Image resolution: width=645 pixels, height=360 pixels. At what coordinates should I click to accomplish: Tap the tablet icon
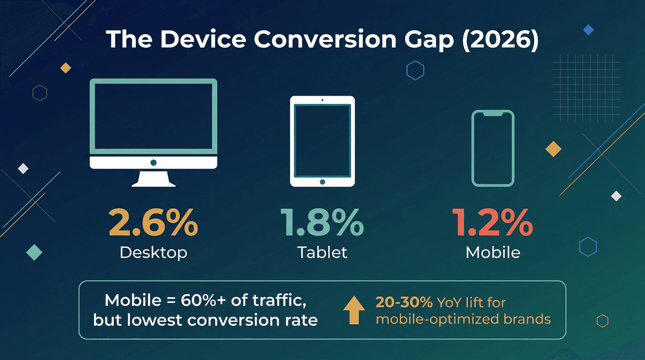pyautogui.click(x=322, y=141)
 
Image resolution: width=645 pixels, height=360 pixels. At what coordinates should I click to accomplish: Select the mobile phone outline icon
pyautogui.click(x=493, y=148)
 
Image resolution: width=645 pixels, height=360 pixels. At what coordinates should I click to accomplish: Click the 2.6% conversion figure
pyautogui.click(x=153, y=222)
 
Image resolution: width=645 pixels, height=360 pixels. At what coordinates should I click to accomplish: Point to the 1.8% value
pyautogui.click(x=322, y=222)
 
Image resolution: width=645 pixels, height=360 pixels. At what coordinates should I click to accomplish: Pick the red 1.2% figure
pyautogui.click(x=493, y=222)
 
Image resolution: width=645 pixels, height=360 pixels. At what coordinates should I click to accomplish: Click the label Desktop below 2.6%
pyautogui.click(x=153, y=253)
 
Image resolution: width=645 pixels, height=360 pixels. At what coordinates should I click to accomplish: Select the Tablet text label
pyautogui.click(x=322, y=253)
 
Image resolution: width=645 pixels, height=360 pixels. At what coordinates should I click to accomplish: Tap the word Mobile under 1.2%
pyautogui.click(x=493, y=253)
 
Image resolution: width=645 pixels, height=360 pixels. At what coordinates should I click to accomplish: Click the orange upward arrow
pyautogui.click(x=354, y=310)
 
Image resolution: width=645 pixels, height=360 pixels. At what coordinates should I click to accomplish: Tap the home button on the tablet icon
pyautogui.click(x=322, y=182)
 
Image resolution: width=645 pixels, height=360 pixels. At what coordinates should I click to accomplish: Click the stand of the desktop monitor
pyautogui.click(x=153, y=179)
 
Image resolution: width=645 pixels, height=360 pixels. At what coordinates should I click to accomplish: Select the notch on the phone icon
pyautogui.click(x=493, y=113)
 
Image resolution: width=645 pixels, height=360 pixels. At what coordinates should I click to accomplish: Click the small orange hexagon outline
pyautogui.click(x=602, y=321)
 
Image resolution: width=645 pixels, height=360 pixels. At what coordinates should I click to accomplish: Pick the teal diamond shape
pyautogui.click(x=34, y=252)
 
